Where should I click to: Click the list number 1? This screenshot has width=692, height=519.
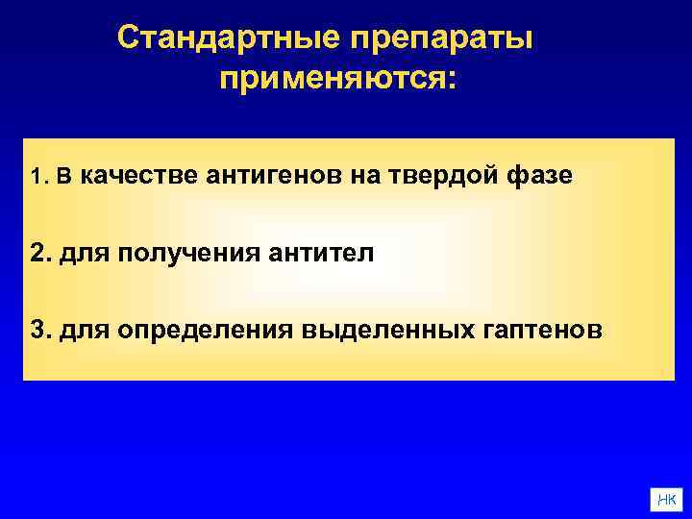[37, 178]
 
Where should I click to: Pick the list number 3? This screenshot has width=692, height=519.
[39, 330]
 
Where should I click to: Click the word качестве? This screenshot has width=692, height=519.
[137, 177]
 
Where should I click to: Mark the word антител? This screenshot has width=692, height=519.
[320, 254]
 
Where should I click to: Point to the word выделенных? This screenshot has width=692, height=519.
[382, 330]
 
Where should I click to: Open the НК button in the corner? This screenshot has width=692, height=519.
[667, 498]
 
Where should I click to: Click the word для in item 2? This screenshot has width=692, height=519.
[79, 254]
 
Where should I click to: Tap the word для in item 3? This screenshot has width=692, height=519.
[79, 330]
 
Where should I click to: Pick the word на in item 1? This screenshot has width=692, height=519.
[375, 177]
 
